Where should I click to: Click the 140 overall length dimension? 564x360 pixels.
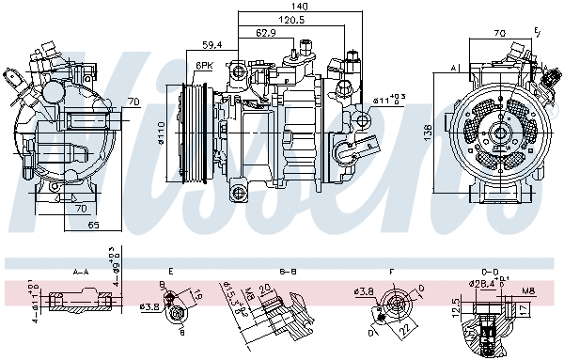coord(299,7)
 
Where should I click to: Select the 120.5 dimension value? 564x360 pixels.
coord(290,19)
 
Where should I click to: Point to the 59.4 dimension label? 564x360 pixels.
coord(211,44)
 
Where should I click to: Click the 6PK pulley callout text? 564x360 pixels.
coord(205,66)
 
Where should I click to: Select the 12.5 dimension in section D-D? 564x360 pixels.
coord(456,307)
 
